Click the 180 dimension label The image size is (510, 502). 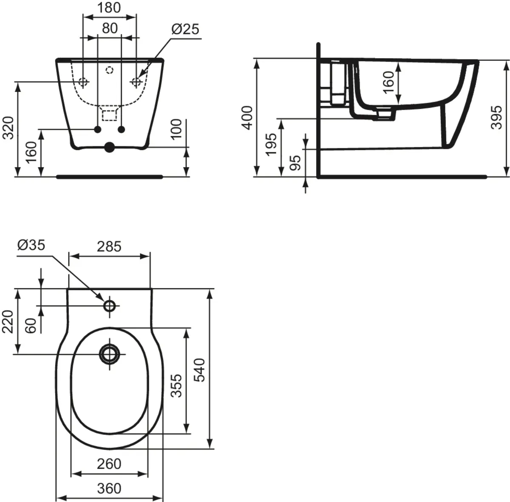click(x=109, y=8)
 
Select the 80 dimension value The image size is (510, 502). click(x=109, y=28)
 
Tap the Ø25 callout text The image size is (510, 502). click(x=185, y=29)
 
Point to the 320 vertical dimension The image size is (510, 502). click(x=9, y=128)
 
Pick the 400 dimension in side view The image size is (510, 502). click(x=248, y=118)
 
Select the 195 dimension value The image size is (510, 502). click(x=272, y=145)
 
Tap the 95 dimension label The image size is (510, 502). click(x=296, y=162)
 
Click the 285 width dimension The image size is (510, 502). click(x=109, y=246)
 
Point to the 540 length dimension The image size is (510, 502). click(x=200, y=369)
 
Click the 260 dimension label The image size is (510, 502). click(x=109, y=464)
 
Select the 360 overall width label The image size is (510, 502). click(x=109, y=488)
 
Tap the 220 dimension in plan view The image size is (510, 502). click(x=9, y=322)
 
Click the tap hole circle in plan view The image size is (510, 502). click(x=110, y=305)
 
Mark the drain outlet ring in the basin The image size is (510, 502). click(x=110, y=354)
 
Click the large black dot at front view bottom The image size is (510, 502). click(x=110, y=147)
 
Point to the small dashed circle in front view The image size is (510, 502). click(x=110, y=69)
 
